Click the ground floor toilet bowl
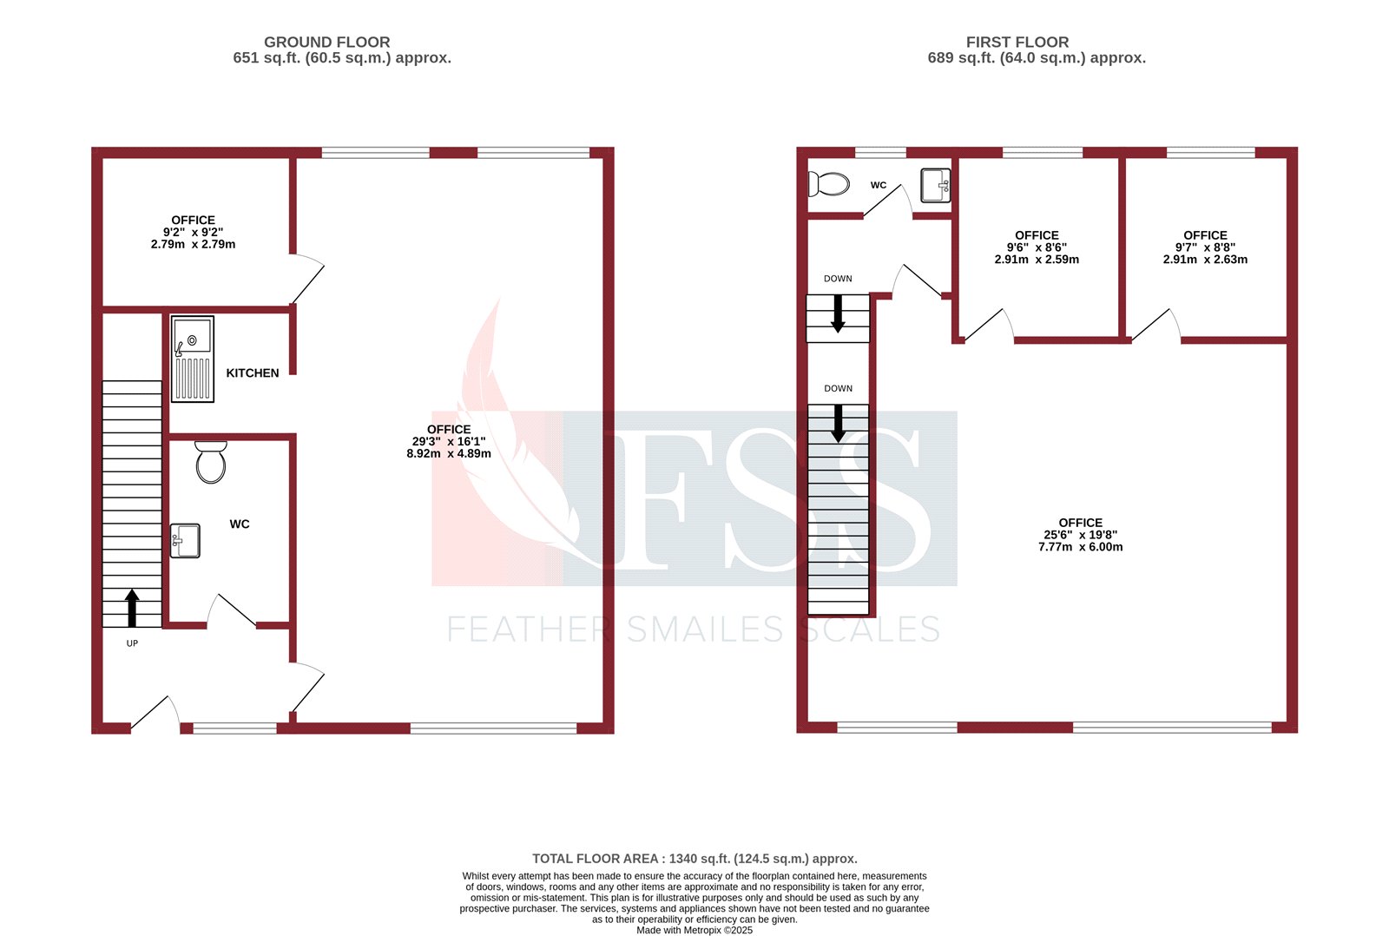[x=211, y=463]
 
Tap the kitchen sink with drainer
[x=192, y=359]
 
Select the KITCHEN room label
[x=253, y=373]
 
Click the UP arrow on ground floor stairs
[x=132, y=608]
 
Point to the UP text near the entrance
[x=132, y=643]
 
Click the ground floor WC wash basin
[x=185, y=540]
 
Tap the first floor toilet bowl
[x=829, y=184]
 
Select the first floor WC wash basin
[x=935, y=185]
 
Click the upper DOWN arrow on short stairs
[x=838, y=313]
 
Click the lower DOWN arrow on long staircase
[x=838, y=423]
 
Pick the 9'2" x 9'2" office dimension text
[x=193, y=233]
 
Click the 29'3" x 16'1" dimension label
[x=449, y=442]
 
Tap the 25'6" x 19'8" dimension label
[x=1080, y=535]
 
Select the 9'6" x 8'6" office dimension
[x=1037, y=247]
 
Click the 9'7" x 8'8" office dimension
[x=1205, y=247]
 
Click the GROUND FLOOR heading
[x=327, y=42]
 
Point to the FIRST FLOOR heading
[x=1017, y=42]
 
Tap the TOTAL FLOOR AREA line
[x=694, y=859]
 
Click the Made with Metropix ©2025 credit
[x=694, y=930]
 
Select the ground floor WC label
[x=240, y=524]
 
